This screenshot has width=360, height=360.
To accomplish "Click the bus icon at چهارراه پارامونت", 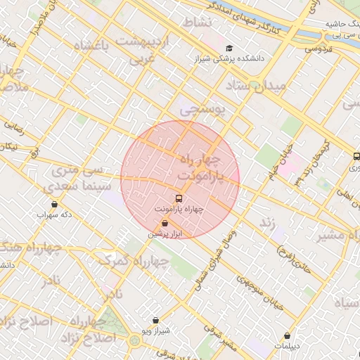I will [178, 198].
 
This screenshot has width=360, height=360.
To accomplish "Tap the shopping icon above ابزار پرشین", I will [164, 224].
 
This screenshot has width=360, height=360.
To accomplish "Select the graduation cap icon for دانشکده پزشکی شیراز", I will [229, 48].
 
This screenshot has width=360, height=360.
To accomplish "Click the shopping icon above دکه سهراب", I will [54, 205].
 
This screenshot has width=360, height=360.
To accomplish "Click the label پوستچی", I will [201, 110].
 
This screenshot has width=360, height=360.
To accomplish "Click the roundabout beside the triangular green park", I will [134, 342].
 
